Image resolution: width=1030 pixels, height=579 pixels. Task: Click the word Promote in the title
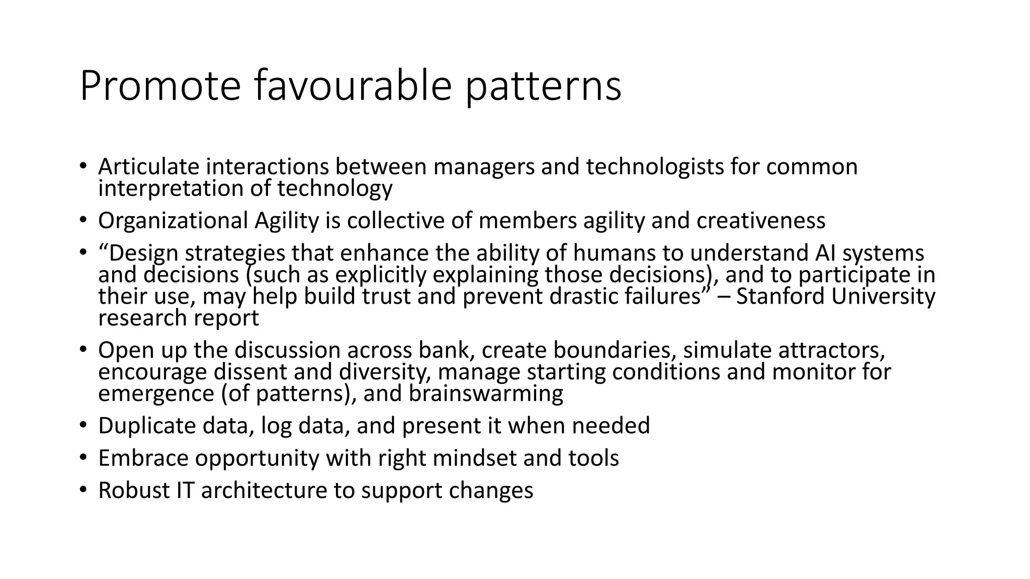click(160, 86)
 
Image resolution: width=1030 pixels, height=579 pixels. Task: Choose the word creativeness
click(760, 221)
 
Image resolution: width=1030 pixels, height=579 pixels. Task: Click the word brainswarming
click(485, 394)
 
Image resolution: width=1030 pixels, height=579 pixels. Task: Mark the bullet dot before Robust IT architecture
click(83, 490)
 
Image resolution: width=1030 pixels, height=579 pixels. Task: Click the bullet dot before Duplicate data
click(83, 426)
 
